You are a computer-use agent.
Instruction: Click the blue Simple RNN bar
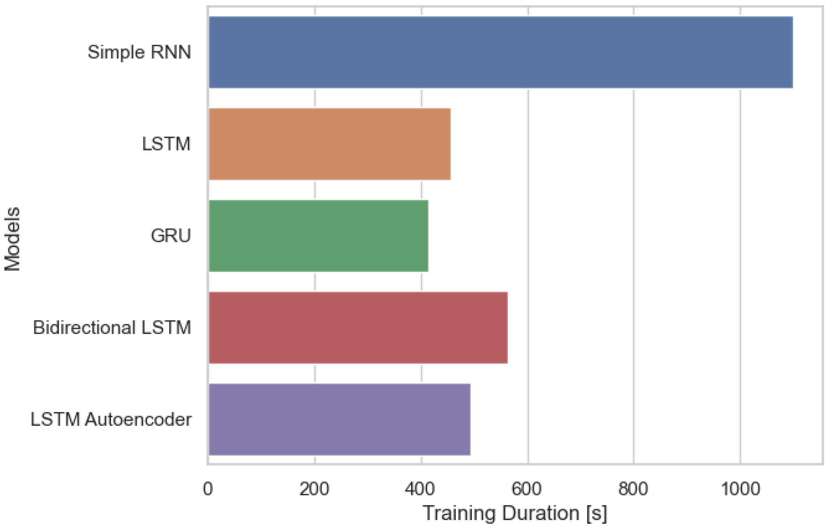click(500, 52)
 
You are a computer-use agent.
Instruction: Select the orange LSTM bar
click(330, 144)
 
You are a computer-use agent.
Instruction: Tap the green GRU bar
click(318, 236)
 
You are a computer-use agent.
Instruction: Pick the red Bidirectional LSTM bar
click(358, 328)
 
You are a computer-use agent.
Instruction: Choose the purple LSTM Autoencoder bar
click(339, 420)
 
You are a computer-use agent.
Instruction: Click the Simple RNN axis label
click(139, 52)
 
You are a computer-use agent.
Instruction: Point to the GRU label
click(171, 236)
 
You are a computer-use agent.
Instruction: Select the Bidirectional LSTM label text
click(112, 328)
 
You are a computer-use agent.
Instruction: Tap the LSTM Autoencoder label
click(111, 420)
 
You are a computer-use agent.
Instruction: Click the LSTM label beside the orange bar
click(166, 144)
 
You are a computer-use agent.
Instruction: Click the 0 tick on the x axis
click(208, 489)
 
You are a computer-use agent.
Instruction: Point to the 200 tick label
click(314, 489)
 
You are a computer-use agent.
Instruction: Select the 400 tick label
click(421, 489)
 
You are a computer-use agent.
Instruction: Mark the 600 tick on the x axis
click(527, 489)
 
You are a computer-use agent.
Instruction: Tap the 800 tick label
click(633, 489)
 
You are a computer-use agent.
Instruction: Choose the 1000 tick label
click(740, 489)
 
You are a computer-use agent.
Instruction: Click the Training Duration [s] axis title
click(515, 513)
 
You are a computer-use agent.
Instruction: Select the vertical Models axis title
click(13, 239)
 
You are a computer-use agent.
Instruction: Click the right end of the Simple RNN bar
click(791, 52)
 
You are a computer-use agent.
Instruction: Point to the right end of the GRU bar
click(427, 236)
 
